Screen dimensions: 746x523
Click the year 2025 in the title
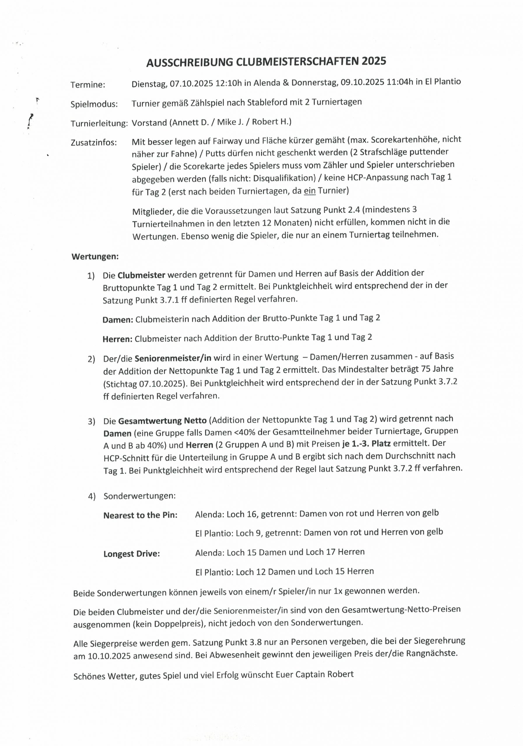click(373, 61)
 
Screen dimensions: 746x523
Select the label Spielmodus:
click(94, 104)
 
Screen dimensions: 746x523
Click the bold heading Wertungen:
click(95, 257)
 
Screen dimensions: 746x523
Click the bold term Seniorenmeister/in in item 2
click(173, 358)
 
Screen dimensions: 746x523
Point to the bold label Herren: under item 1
click(117, 339)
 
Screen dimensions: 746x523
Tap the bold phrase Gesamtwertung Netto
click(162, 421)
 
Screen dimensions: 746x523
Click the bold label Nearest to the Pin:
click(141, 515)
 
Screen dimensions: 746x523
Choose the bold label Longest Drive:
click(132, 554)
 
